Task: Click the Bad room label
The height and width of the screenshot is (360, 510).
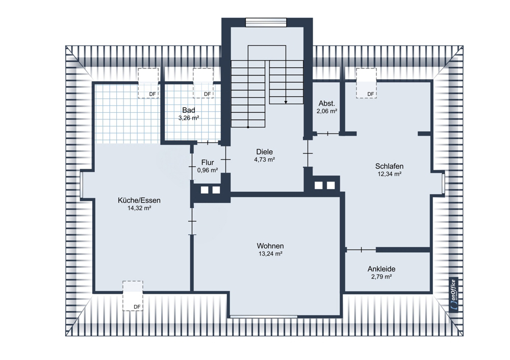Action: pyautogui.click(x=189, y=110)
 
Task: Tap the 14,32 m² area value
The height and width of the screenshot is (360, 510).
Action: pyautogui.click(x=139, y=208)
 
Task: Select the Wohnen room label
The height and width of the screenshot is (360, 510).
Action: pyautogui.click(x=270, y=246)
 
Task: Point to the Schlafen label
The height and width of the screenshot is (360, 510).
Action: pyautogui.click(x=389, y=166)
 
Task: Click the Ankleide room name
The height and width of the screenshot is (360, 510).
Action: pyautogui.click(x=381, y=269)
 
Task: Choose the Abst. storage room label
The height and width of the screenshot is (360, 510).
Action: pyautogui.click(x=327, y=104)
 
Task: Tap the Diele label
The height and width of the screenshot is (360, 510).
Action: pyautogui.click(x=264, y=152)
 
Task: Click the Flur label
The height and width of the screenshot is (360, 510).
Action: pyautogui.click(x=208, y=163)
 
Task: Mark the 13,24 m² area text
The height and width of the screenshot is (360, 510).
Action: pyautogui.click(x=270, y=254)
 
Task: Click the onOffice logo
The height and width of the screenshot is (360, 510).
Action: pyautogui.click(x=454, y=295)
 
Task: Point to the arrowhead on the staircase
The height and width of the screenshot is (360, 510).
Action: pyautogui.click(x=286, y=102)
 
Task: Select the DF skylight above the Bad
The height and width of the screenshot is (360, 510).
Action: pyautogui.click(x=203, y=83)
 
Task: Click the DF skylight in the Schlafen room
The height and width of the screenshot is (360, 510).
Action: pyautogui.click(x=367, y=83)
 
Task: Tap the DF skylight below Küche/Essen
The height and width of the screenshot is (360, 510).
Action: pyautogui.click(x=133, y=296)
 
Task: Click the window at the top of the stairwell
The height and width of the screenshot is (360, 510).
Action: pyautogui.click(x=266, y=22)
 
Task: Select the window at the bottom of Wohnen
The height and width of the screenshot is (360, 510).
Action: pyautogui.click(x=264, y=316)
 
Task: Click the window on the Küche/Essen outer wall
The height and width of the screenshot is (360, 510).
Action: pyautogui.click(x=82, y=184)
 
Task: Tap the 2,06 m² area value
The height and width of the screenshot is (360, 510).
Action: pyautogui.click(x=327, y=111)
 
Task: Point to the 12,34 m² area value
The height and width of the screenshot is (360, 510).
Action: pyautogui.click(x=389, y=174)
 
